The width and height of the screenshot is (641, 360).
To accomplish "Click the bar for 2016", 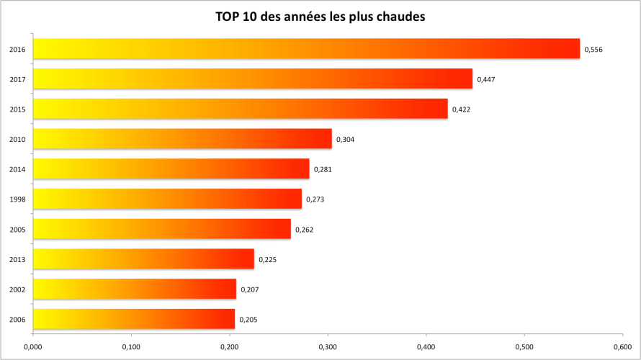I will coord(306,48).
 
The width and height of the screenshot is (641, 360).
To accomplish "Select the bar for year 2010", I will coord(182,139).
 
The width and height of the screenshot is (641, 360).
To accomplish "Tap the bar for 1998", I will coord(167,199).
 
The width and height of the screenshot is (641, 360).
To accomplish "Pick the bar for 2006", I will coord(134,319).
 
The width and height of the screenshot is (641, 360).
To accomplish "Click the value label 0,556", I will coord(593,49).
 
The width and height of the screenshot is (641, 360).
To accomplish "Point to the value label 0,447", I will coord(485,79).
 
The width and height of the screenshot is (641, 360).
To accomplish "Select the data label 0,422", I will coord(461,109).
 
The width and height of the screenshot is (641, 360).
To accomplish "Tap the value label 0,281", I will coord(323,169).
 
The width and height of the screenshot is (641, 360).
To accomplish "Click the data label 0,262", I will coord(304,230).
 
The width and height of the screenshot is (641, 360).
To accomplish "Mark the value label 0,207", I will coord(249,289).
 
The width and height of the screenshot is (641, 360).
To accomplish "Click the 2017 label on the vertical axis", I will coord(18,79).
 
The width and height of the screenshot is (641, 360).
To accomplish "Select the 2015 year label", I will coord(18,109).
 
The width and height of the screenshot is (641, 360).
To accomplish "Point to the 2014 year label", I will coord(18,169).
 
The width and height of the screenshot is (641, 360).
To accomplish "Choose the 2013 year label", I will coord(18,259).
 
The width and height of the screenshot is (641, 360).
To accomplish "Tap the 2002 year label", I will coord(18,289).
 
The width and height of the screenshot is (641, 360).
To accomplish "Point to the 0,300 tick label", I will coord(328,346).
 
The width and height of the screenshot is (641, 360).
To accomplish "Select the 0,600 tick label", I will coord(622,346).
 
